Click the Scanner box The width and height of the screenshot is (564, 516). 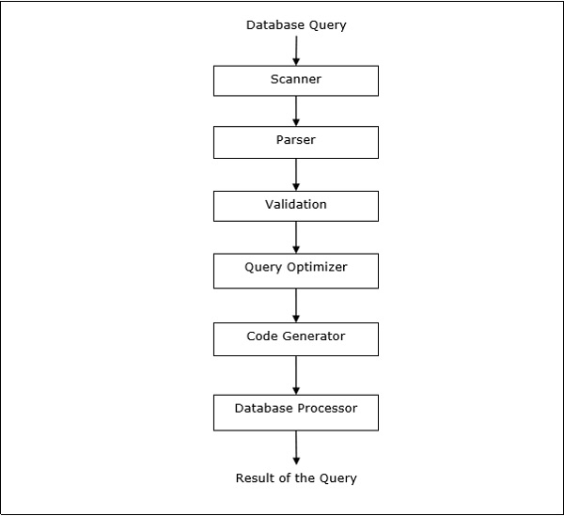click(x=296, y=81)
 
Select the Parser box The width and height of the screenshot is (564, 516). click(x=296, y=143)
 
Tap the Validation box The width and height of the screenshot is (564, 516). click(x=296, y=206)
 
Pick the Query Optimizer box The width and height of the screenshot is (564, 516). click(x=296, y=271)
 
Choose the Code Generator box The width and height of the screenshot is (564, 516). click(x=296, y=339)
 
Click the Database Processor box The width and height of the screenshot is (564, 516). click(x=296, y=413)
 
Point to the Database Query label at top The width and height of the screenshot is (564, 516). click(x=296, y=25)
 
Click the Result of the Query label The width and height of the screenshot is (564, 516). click(x=296, y=478)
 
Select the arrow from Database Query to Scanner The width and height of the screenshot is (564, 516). click(x=296, y=51)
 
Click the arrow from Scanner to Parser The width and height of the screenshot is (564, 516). click(x=296, y=111)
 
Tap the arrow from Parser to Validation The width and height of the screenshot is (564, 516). click(x=296, y=175)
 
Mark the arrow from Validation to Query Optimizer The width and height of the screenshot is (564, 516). click(x=296, y=237)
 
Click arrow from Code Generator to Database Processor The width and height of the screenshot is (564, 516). click(x=296, y=376)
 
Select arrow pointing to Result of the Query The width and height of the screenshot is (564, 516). click(x=296, y=447)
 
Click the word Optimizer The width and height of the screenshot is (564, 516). click(x=316, y=268)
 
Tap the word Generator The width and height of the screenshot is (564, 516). click(x=315, y=336)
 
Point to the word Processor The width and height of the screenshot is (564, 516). click(x=325, y=410)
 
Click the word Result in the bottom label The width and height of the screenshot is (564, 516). click(x=253, y=478)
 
